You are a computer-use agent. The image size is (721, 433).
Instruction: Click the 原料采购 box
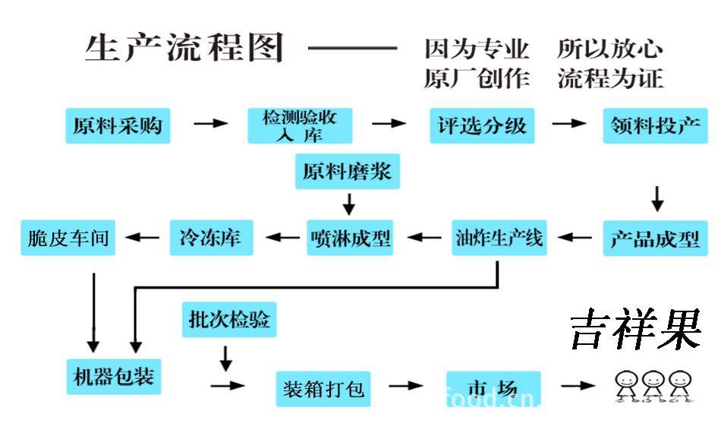[x=118, y=126]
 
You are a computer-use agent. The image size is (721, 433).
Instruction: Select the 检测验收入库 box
[x=300, y=126]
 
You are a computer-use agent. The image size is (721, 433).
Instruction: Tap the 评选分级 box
[x=481, y=126]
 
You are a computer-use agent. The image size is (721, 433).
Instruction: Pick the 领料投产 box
[x=656, y=126]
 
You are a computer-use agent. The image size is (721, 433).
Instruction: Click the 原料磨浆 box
[x=347, y=172]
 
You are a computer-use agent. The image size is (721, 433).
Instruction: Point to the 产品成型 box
[x=654, y=238]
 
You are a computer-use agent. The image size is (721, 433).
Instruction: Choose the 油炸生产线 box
[x=499, y=238]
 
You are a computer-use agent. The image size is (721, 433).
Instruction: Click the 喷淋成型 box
[x=351, y=238]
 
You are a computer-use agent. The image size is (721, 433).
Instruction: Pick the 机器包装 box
[x=113, y=375]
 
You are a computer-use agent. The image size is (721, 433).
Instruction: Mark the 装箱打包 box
[x=323, y=389]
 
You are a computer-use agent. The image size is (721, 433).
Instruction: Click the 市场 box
[x=493, y=388]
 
